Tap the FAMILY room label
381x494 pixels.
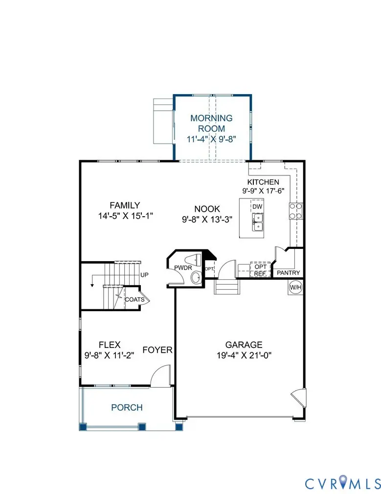pos(125,205)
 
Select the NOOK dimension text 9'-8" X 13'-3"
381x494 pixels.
pos(206,219)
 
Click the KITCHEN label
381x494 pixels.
pos(263,182)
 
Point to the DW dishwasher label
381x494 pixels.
pos(258,207)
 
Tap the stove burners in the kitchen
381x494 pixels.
pos(295,211)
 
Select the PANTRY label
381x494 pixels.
pos(289,273)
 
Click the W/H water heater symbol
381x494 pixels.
pos(295,287)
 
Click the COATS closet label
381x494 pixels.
pos(134,299)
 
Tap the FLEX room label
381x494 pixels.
pos(110,345)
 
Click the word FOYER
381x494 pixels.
pos(157,349)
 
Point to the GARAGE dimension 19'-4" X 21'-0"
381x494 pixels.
pos(244,355)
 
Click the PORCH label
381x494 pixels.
pos(127,407)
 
